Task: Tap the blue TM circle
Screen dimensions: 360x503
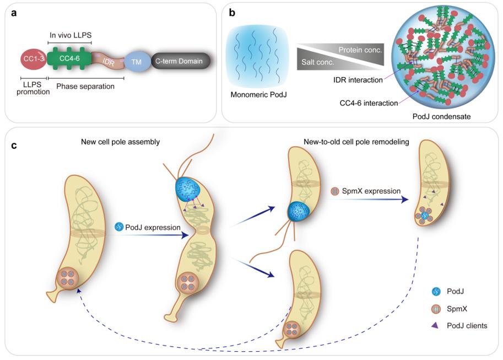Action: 136,61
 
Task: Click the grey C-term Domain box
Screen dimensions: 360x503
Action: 179,61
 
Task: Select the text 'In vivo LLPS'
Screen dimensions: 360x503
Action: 69,35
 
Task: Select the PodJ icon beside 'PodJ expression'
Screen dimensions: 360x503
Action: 119,227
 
